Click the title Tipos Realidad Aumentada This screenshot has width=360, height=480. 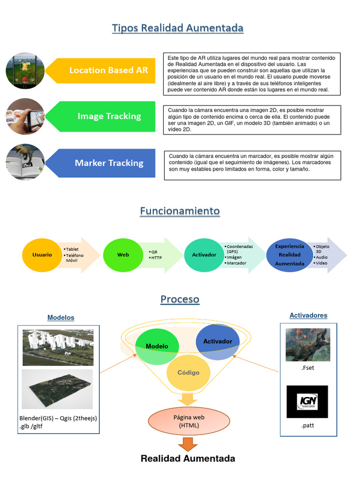(178, 28)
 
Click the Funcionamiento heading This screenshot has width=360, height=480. (180, 211)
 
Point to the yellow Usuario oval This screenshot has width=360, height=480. (42, 255)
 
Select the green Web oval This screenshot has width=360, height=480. (123, 255)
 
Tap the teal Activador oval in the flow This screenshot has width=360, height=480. (204, 255)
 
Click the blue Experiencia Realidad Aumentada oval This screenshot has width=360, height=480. (289, 255)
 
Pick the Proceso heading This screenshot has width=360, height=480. (180, 299)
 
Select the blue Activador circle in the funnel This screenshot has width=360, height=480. (217, 341)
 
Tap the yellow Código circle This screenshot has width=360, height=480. (188, 373)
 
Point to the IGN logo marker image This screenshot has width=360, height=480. (307, 401)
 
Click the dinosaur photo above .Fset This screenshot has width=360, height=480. (307, 345)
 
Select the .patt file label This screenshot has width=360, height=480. (307, 426)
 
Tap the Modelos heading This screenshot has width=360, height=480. (60, 317)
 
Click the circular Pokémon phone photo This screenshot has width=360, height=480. (25, 70)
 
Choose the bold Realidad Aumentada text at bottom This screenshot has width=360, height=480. (188, 458)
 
